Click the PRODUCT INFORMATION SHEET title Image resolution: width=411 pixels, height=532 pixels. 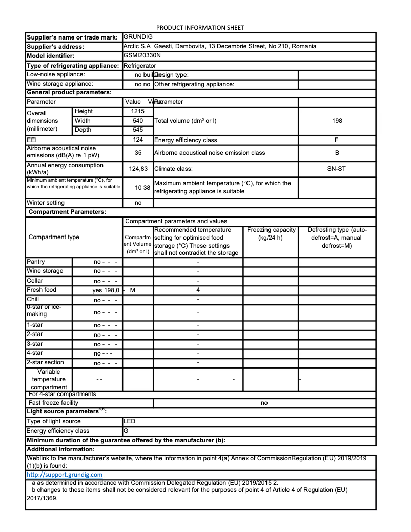(x=200, y=27)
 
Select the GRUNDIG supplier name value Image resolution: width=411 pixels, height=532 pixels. (x=138, y=37)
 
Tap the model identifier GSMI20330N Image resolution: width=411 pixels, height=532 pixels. (x=142, y=55)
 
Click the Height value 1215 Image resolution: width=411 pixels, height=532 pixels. (x=138, y=111)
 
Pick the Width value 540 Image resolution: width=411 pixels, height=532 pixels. (x=138, y=121)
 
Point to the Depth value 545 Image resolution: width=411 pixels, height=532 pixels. (x=138, y=130)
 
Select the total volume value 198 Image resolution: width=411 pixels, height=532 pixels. (x=337, y=121)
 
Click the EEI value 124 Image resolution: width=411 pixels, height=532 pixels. (x=138, y=140)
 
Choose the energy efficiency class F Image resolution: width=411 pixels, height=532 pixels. (x=337, y=140)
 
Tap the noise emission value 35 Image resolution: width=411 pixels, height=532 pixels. (x=138, y=153)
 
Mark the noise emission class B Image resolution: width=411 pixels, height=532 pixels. (x=337, y=153)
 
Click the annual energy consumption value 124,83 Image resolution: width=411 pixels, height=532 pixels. (x=138, y=168)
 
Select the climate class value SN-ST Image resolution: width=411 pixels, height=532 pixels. (x=337, y=168)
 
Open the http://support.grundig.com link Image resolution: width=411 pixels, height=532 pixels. (x=65, y=475)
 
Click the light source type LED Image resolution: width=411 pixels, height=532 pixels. (x=130, y=421)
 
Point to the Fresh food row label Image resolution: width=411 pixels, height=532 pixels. (x=42, y=290)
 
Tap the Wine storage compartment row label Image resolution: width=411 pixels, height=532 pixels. (x=45, y=271)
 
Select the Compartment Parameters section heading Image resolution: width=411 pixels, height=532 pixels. (x=67, y=212)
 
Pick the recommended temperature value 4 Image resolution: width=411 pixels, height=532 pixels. (x=198, y=290)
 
